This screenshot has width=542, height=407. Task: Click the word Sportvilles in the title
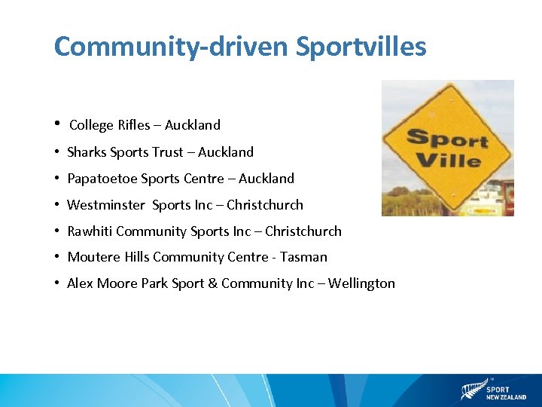coord(361,47)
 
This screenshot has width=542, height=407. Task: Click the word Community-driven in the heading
coord(170,47)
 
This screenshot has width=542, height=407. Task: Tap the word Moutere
coord(93,257)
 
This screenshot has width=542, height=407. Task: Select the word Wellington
coord(359,283)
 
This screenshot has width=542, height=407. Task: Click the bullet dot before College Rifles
coord(57,124)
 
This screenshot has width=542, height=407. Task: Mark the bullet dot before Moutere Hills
coord(57,257)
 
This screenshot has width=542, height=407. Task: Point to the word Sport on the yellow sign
coord(447,139)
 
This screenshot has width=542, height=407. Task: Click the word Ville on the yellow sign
coord(449,160)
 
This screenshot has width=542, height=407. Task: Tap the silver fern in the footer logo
coord(471,390)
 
